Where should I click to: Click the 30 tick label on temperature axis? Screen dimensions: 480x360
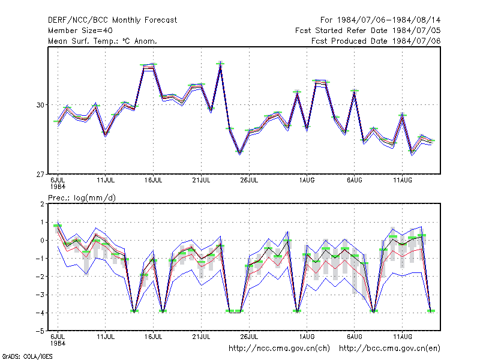click(40, 105)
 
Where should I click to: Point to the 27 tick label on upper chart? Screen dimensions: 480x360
click(40, 175)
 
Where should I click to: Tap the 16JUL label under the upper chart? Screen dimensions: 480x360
click(154, 181)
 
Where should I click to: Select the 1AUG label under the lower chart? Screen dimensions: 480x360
click(307, 337)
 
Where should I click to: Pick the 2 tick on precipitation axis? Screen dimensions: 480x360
click(42, 204)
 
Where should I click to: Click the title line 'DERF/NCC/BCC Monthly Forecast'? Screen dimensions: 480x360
click(113, 20)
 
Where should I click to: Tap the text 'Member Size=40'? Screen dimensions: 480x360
click(80, 31)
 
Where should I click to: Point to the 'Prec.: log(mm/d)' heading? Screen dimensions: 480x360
click(82, 198)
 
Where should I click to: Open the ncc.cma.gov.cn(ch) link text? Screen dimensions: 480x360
click(279, 349)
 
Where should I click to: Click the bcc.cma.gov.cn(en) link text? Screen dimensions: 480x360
click(389, 349)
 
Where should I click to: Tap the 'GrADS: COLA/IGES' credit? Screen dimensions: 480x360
click(27, 356)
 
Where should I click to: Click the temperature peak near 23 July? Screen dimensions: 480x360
click(220, 64)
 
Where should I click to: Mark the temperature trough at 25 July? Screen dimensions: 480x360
click(239, 152)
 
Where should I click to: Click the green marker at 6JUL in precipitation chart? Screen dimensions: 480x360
click(58, 226)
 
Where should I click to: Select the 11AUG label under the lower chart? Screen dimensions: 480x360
click(403, 337)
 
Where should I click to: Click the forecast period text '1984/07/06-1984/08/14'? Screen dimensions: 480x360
click(389, 20)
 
